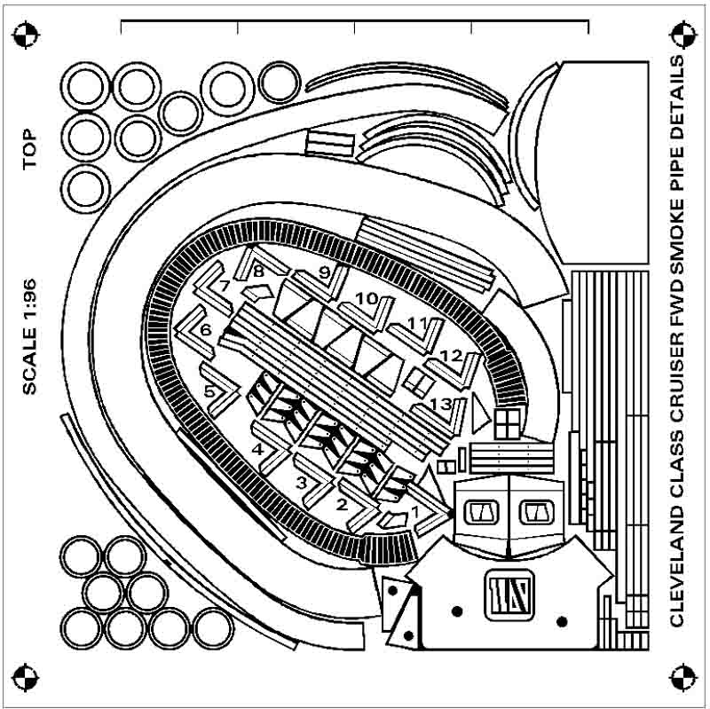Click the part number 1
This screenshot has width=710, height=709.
tap(414, 512)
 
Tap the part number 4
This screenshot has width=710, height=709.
tap(257, 450)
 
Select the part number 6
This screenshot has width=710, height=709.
tap(206, 330)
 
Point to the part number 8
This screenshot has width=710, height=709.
tap(258, 272)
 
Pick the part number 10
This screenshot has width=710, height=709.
tap(367, 299)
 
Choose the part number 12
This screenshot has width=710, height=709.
tap(451, 356)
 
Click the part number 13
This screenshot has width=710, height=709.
tap(440, 404)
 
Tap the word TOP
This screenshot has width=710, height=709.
tap(29, 149)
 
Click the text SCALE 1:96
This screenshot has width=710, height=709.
tap(29, 337)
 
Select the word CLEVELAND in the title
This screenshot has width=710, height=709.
tap(677, 566)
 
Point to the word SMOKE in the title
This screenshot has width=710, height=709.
tap(677, 236)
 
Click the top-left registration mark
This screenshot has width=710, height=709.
tap(26, 35)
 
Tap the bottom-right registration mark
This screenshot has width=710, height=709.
tap(682, 677)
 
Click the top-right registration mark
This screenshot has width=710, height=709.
tap(682, 35)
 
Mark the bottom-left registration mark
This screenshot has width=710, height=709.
tap(26, 677)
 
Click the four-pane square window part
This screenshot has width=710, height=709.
tap(507, 424)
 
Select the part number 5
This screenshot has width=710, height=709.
tap(209, 390)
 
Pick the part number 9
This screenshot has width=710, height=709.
tap(324, 272)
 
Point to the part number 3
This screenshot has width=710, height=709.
tap(301, 483)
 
